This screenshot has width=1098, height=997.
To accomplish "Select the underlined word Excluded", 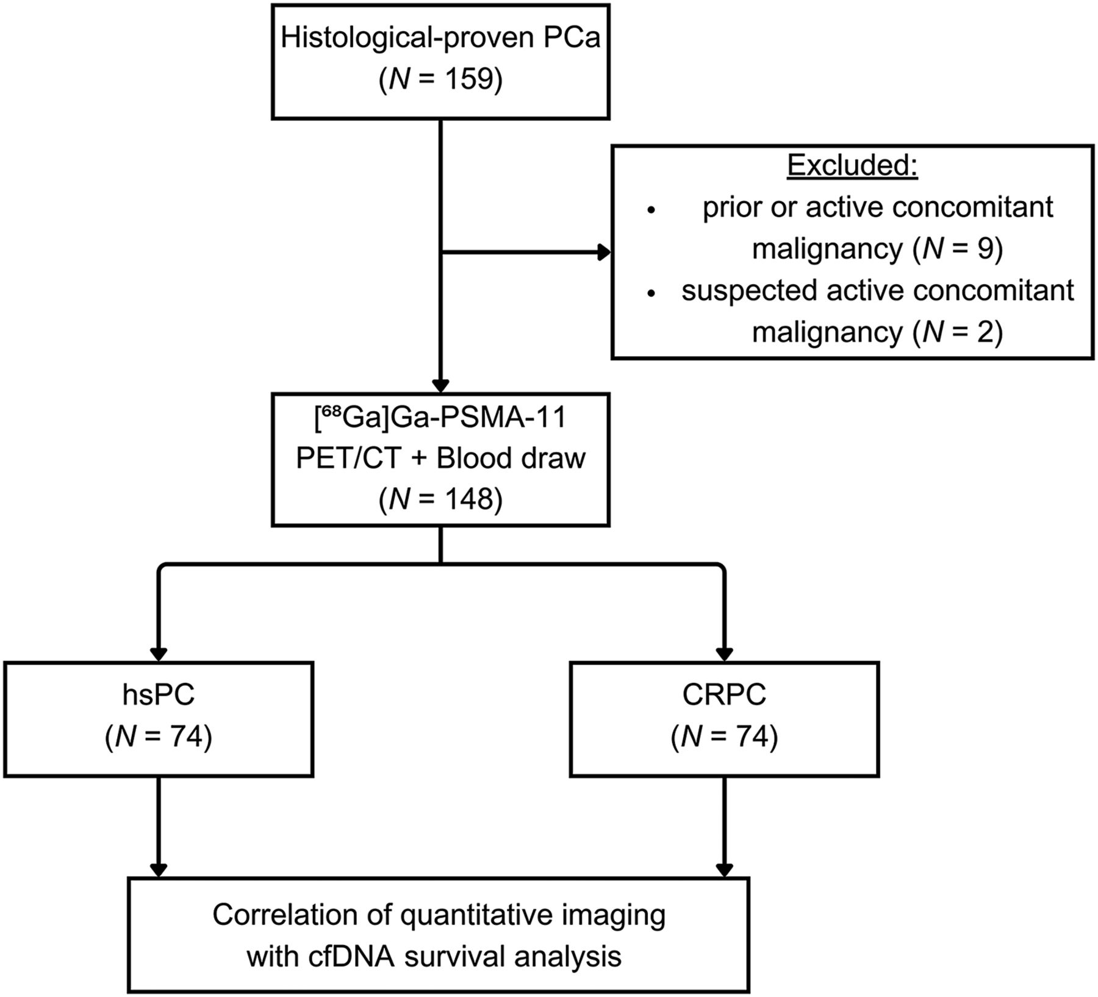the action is point(852,165).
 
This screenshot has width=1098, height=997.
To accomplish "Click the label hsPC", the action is point(159,696).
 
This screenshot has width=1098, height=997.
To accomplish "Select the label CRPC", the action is point(724,696).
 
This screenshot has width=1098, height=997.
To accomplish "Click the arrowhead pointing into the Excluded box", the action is point(605,252).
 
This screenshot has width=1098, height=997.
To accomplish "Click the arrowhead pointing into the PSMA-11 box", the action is point(440,386).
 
